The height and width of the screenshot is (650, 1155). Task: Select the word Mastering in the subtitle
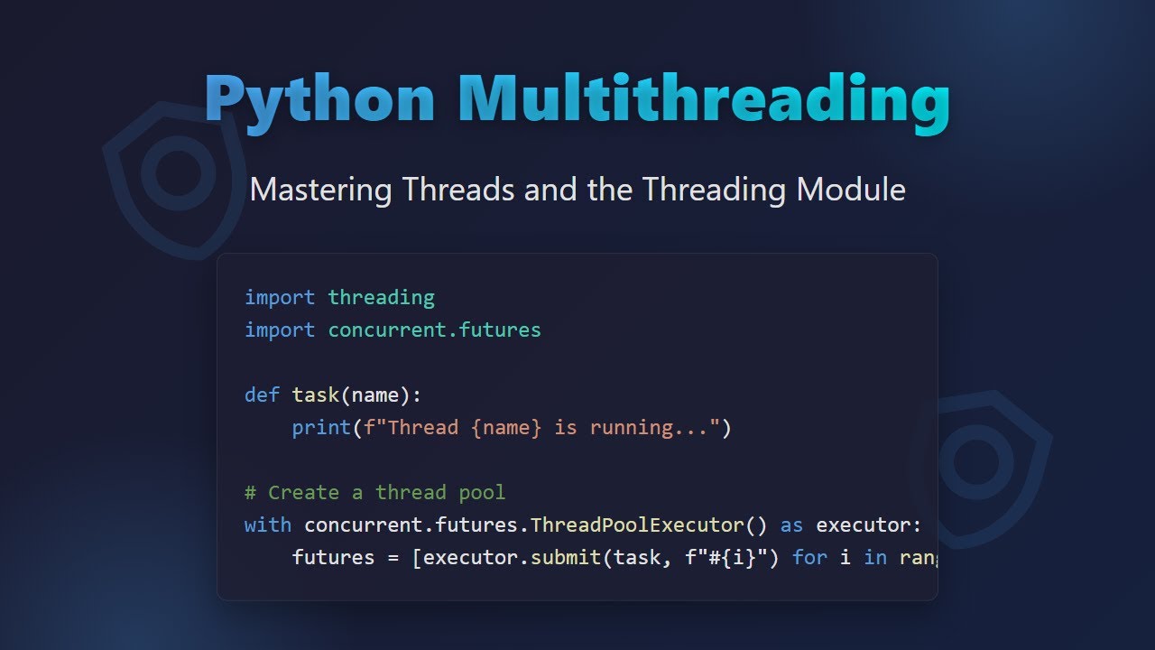point(320,190)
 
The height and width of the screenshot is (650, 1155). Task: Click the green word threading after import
point(381,297)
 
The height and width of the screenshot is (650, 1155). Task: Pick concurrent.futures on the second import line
point(434,330)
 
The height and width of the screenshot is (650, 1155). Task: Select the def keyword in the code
point(262,395)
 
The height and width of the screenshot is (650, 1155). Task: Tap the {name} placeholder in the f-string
point(506,427)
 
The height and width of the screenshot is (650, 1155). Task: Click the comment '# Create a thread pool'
point(374,492)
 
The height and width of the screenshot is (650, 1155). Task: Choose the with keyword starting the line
point(268,525)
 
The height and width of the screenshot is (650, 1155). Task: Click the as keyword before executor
point(791,525)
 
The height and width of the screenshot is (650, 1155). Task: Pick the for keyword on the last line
point(809,557)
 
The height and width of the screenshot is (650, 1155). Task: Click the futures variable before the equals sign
point(333,557)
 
